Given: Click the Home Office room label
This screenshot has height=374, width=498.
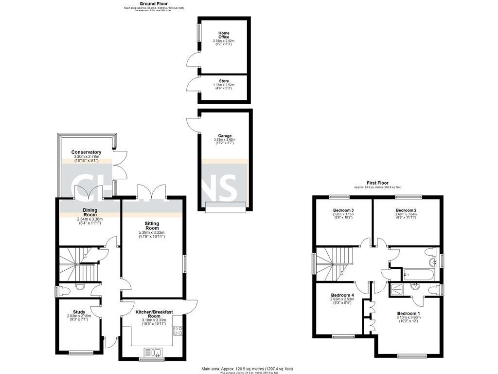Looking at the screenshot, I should click(224, 35).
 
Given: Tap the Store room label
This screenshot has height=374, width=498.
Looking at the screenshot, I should click(224, 81).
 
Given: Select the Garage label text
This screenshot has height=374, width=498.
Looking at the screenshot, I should click(225, 136).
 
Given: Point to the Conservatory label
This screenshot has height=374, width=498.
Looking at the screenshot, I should click(86, 152).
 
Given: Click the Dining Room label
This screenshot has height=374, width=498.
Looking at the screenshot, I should click(90, 212).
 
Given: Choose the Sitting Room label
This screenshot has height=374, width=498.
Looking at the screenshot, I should click(152, 226).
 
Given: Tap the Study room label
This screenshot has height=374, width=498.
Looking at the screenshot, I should click(79, 312).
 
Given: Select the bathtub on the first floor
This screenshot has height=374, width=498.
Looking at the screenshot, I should click(412, 274).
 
